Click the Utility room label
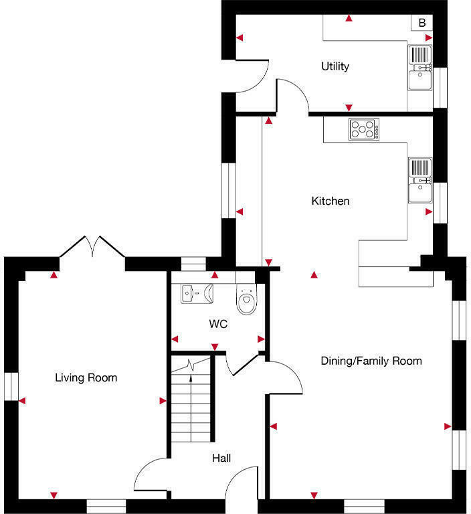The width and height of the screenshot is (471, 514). pyautogui.click(x=335, y=67)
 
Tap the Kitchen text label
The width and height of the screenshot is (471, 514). pyautogui.click(x=331, y=201)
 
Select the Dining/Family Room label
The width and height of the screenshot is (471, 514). pyautogui.click(x=371, y=361)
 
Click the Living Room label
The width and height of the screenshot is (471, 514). pyautogui.click(x=86, y=378)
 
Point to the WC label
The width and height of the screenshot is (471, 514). pyautogui.click(x=218, y=325)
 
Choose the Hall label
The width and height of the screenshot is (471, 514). pyautogui.click(x=221, y=458)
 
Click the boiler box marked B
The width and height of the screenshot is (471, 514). pyautogui.click(x=421, y=23)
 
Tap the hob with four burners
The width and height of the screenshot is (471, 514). pyautogui.click(x=363, y=129)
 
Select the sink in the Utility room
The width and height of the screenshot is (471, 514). pyautogui.click(x=420, y=68)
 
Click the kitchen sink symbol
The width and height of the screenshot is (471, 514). pyautogui.click(x=420, y=180)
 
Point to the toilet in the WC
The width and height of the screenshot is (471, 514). pyautogui.click(x=248, y=301)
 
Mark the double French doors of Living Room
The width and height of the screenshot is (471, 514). pyautogui.click(x=92, y=246)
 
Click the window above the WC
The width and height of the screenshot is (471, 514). pyautogui.click(x=195, y=264)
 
